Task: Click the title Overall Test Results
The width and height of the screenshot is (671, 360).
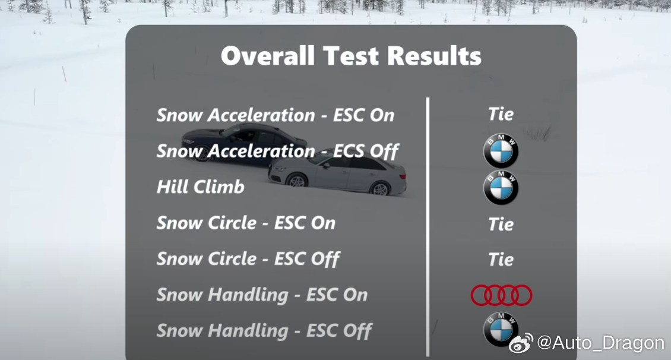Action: coord(351,56)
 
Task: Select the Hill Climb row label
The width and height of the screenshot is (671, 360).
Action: coord(200,187)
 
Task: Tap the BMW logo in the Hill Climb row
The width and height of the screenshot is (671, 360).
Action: coord(501,188)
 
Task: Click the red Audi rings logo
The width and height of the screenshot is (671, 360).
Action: coord(501,295)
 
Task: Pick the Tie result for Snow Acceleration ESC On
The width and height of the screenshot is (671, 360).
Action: coord(501,114)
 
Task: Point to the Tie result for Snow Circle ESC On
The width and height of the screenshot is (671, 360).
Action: coord(501,224)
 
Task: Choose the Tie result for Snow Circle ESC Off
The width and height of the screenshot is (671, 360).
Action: coord(501,260)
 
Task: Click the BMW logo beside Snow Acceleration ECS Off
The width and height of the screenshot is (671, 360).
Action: coord(501,151)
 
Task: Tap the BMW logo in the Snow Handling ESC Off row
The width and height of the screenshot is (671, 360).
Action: coord(500,330)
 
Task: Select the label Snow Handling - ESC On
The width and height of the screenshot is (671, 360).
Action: coord(262,295)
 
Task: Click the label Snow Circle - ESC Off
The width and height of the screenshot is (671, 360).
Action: coord(248,259)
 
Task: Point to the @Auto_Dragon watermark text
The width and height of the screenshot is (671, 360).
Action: coord(600,342)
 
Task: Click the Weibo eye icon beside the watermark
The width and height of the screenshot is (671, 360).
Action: coord(521,343)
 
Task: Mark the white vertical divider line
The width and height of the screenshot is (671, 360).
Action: coord(428,227)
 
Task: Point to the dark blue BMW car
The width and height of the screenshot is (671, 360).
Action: coord(244,142)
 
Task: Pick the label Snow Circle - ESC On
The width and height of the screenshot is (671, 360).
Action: coord(246,223)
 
